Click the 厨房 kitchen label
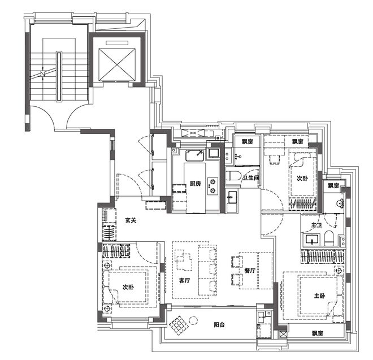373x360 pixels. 196,184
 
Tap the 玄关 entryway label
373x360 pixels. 131,220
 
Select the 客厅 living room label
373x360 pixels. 184,280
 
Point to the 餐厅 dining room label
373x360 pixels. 250,270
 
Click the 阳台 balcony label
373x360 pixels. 219,324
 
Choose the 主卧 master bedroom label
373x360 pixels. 319,296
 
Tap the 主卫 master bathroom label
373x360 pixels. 316,225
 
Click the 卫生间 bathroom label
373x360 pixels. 250,178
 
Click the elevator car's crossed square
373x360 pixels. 117,64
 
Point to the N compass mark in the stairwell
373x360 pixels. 42,73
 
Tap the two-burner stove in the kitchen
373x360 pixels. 212,186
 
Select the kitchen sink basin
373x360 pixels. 195,155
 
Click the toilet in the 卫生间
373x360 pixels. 233,176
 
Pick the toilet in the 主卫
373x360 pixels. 329,238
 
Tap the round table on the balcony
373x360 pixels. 193,321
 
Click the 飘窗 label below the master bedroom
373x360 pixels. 318,333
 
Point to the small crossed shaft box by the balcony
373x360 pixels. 283,335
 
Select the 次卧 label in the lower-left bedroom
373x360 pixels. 128,287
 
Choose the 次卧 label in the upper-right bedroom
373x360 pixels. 302,178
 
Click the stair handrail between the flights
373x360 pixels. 59,77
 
